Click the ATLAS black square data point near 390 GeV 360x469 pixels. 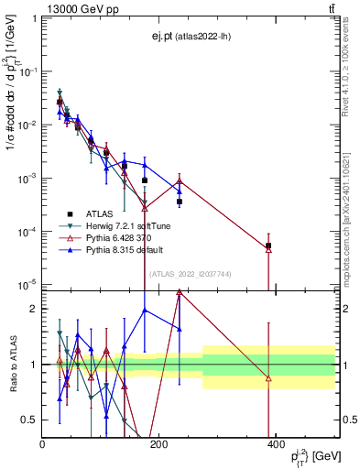(x=268, y=245)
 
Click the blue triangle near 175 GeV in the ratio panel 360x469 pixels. (x=145, y=310)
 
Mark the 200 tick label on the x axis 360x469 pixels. (x=158, y=443)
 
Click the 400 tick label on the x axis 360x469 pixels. (x=275, y=443)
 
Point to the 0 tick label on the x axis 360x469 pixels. (x=42, y=443)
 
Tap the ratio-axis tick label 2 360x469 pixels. (x=32, y=309)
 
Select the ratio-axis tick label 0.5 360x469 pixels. (x=28, y=420)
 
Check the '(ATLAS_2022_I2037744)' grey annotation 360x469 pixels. (x=190, y=273)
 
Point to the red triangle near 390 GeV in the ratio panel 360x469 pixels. (x=268, y=378)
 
